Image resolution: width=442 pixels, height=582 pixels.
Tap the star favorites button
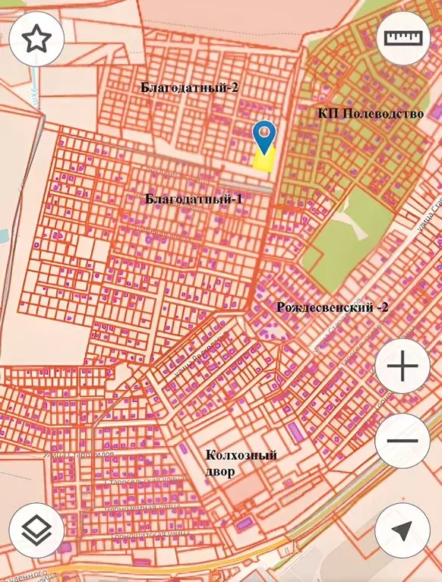[36, 40]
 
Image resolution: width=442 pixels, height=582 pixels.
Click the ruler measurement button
[403, 39]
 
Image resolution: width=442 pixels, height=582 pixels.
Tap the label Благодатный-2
[190, 87]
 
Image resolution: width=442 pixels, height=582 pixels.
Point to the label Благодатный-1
[194, 199]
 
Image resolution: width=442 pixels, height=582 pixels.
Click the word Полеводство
[381, 114]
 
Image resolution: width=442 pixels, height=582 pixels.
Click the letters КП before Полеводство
[327, 114]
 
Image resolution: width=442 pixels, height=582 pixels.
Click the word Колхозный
[242, 455]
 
